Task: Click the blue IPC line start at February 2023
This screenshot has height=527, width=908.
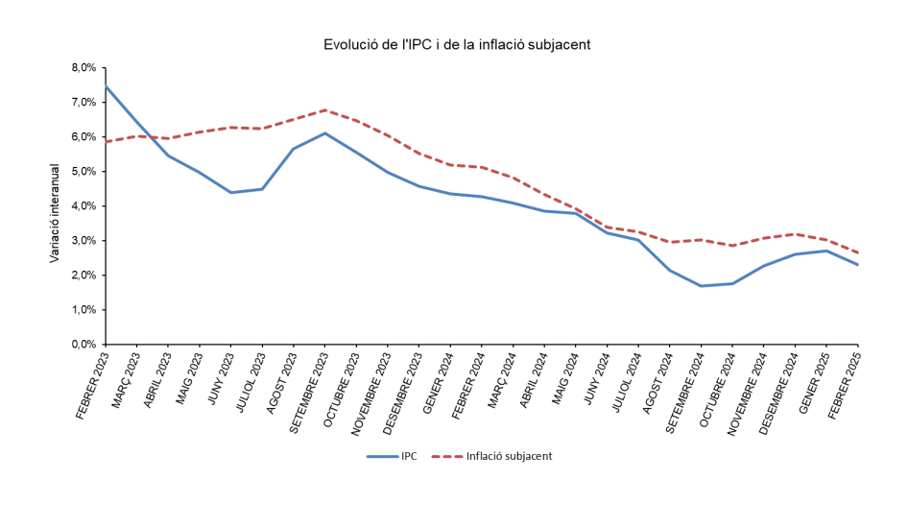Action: click(x=107, y=86)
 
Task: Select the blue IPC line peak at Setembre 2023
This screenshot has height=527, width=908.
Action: click(x=325, y=133)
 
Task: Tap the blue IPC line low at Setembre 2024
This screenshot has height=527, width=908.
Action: click(x=702, y=286)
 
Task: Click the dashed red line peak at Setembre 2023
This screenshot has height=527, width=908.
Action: click(x=325, y=109)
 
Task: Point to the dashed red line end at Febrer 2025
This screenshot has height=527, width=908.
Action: click(x=857, y=252)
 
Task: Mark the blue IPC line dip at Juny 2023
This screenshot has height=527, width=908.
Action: click(x=231, y=192)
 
